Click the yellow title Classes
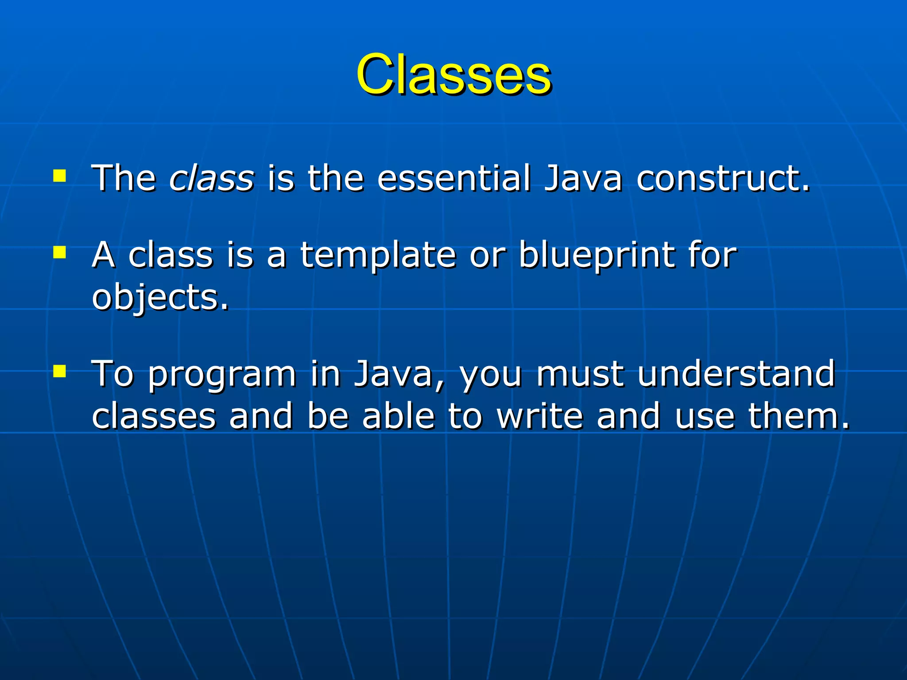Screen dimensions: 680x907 point(453,74)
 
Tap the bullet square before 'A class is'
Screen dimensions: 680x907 point(59,252)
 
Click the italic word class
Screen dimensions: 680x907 point(212,178)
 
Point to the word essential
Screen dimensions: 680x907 point(453,178)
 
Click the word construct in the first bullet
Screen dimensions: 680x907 point(723,178)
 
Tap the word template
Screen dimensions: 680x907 point(378,256)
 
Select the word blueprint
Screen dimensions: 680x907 point(596,256)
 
